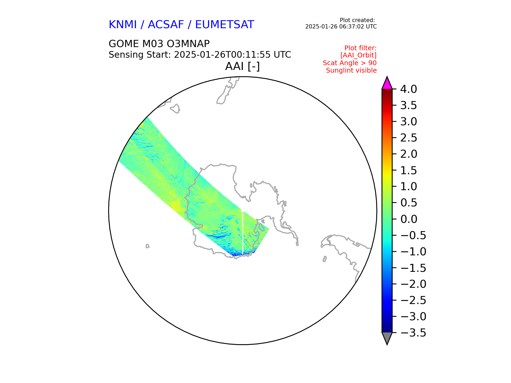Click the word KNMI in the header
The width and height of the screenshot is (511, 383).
point(123,25)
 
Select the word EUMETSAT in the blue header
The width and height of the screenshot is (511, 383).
point(225,25)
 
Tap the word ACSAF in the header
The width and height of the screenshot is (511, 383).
point(166,25)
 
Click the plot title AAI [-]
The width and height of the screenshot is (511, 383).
point(242,66)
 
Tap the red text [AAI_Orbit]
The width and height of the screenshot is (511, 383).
point(358,55)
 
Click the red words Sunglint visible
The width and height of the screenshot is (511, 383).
point(351,70)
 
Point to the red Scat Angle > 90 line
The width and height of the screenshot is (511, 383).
point(350,63)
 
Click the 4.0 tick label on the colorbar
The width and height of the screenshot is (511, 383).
point(409,89)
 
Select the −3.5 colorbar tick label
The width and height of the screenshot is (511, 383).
point(413,333)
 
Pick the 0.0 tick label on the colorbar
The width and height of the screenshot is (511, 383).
point(409,219)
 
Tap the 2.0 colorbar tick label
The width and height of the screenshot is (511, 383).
point(409,154)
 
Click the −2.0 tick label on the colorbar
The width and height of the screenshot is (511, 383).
point(413,284)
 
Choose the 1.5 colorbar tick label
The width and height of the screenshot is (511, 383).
point(409,170)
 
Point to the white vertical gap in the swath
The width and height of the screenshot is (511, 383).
point(242,232)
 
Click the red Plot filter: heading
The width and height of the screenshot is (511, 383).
point(360,48)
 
